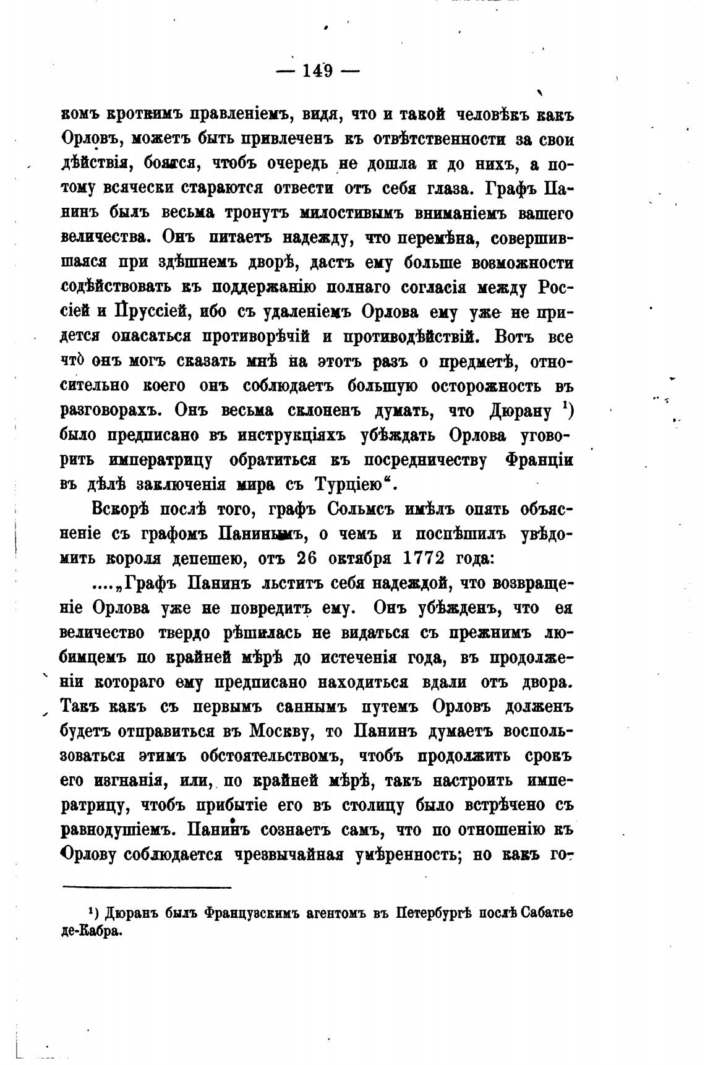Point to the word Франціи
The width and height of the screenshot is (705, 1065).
pos(539,460)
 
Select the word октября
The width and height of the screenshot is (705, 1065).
pos(361,558)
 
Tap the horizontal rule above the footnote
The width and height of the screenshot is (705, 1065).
pos(147,887)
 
